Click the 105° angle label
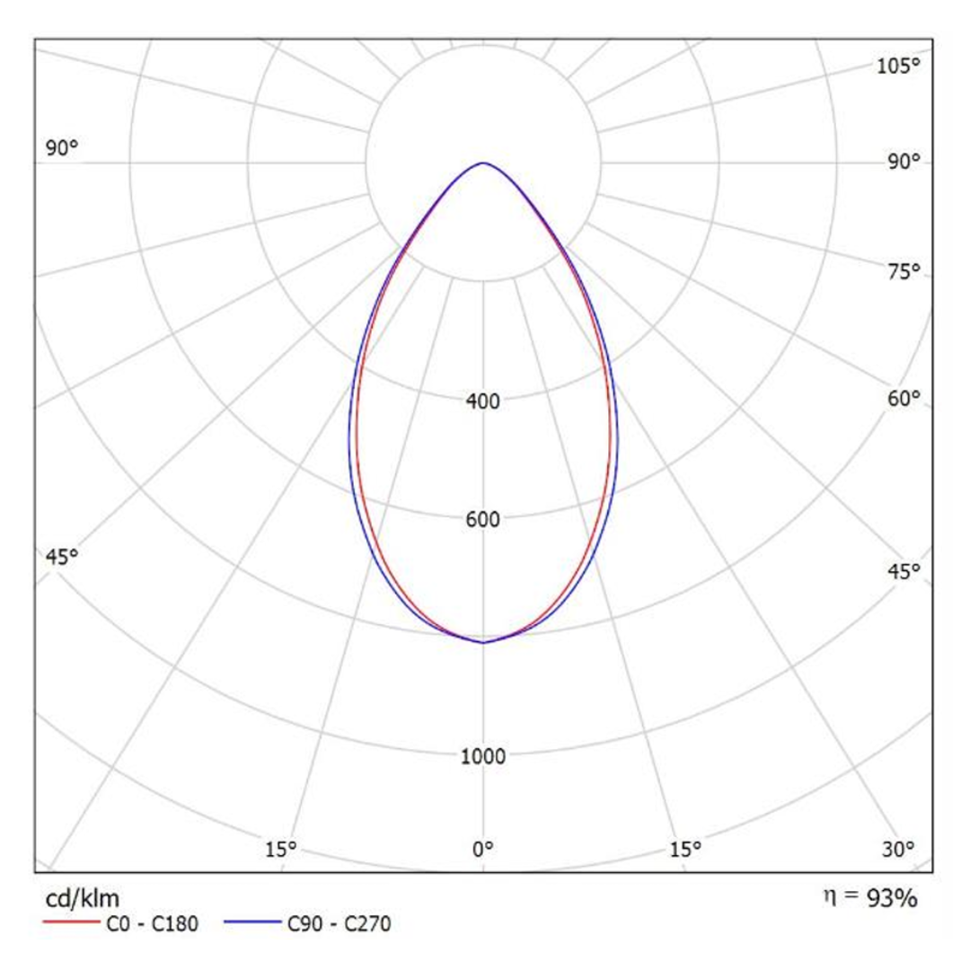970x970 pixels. point(898,66)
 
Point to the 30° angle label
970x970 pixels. point(898,848)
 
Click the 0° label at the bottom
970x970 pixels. point(484,848)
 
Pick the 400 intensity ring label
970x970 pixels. point(484,401)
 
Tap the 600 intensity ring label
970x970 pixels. point(484,519)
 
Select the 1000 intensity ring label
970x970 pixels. point(484,755)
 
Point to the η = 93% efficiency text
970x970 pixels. point(869,897)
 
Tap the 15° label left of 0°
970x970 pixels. point(281,848)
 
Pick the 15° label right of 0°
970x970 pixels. point(685,848)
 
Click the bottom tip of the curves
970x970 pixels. point(484,641)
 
